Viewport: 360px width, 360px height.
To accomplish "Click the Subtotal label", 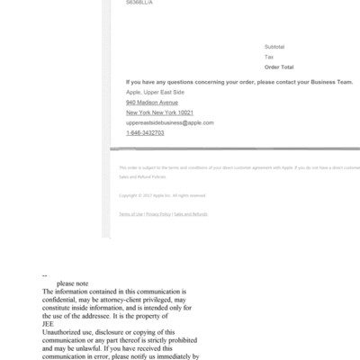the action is tap(274, 46).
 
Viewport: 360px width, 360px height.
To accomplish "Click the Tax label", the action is tap(269, 57).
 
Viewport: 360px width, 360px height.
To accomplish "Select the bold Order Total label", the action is tap(279, 67).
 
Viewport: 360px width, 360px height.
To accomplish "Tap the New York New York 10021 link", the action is tap(159, 112).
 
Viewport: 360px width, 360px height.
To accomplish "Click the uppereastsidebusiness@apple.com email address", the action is tap(170, 122).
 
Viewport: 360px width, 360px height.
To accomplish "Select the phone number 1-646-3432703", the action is tap(145, 132).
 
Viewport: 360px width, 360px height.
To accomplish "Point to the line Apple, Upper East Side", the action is tap(155, 93).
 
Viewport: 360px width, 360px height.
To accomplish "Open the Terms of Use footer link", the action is tap(130, 214).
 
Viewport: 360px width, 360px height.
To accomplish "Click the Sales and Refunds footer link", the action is tap(191, 214).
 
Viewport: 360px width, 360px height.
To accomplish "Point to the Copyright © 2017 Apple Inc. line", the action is tap(162, 195).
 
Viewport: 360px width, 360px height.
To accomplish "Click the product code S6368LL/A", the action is tap(139, 3).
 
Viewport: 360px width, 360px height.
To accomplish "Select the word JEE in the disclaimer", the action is tap(49, 325).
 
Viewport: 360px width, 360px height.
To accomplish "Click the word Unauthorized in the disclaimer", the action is tap(66, 333).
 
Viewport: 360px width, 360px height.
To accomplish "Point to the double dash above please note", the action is tap(45, 275).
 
